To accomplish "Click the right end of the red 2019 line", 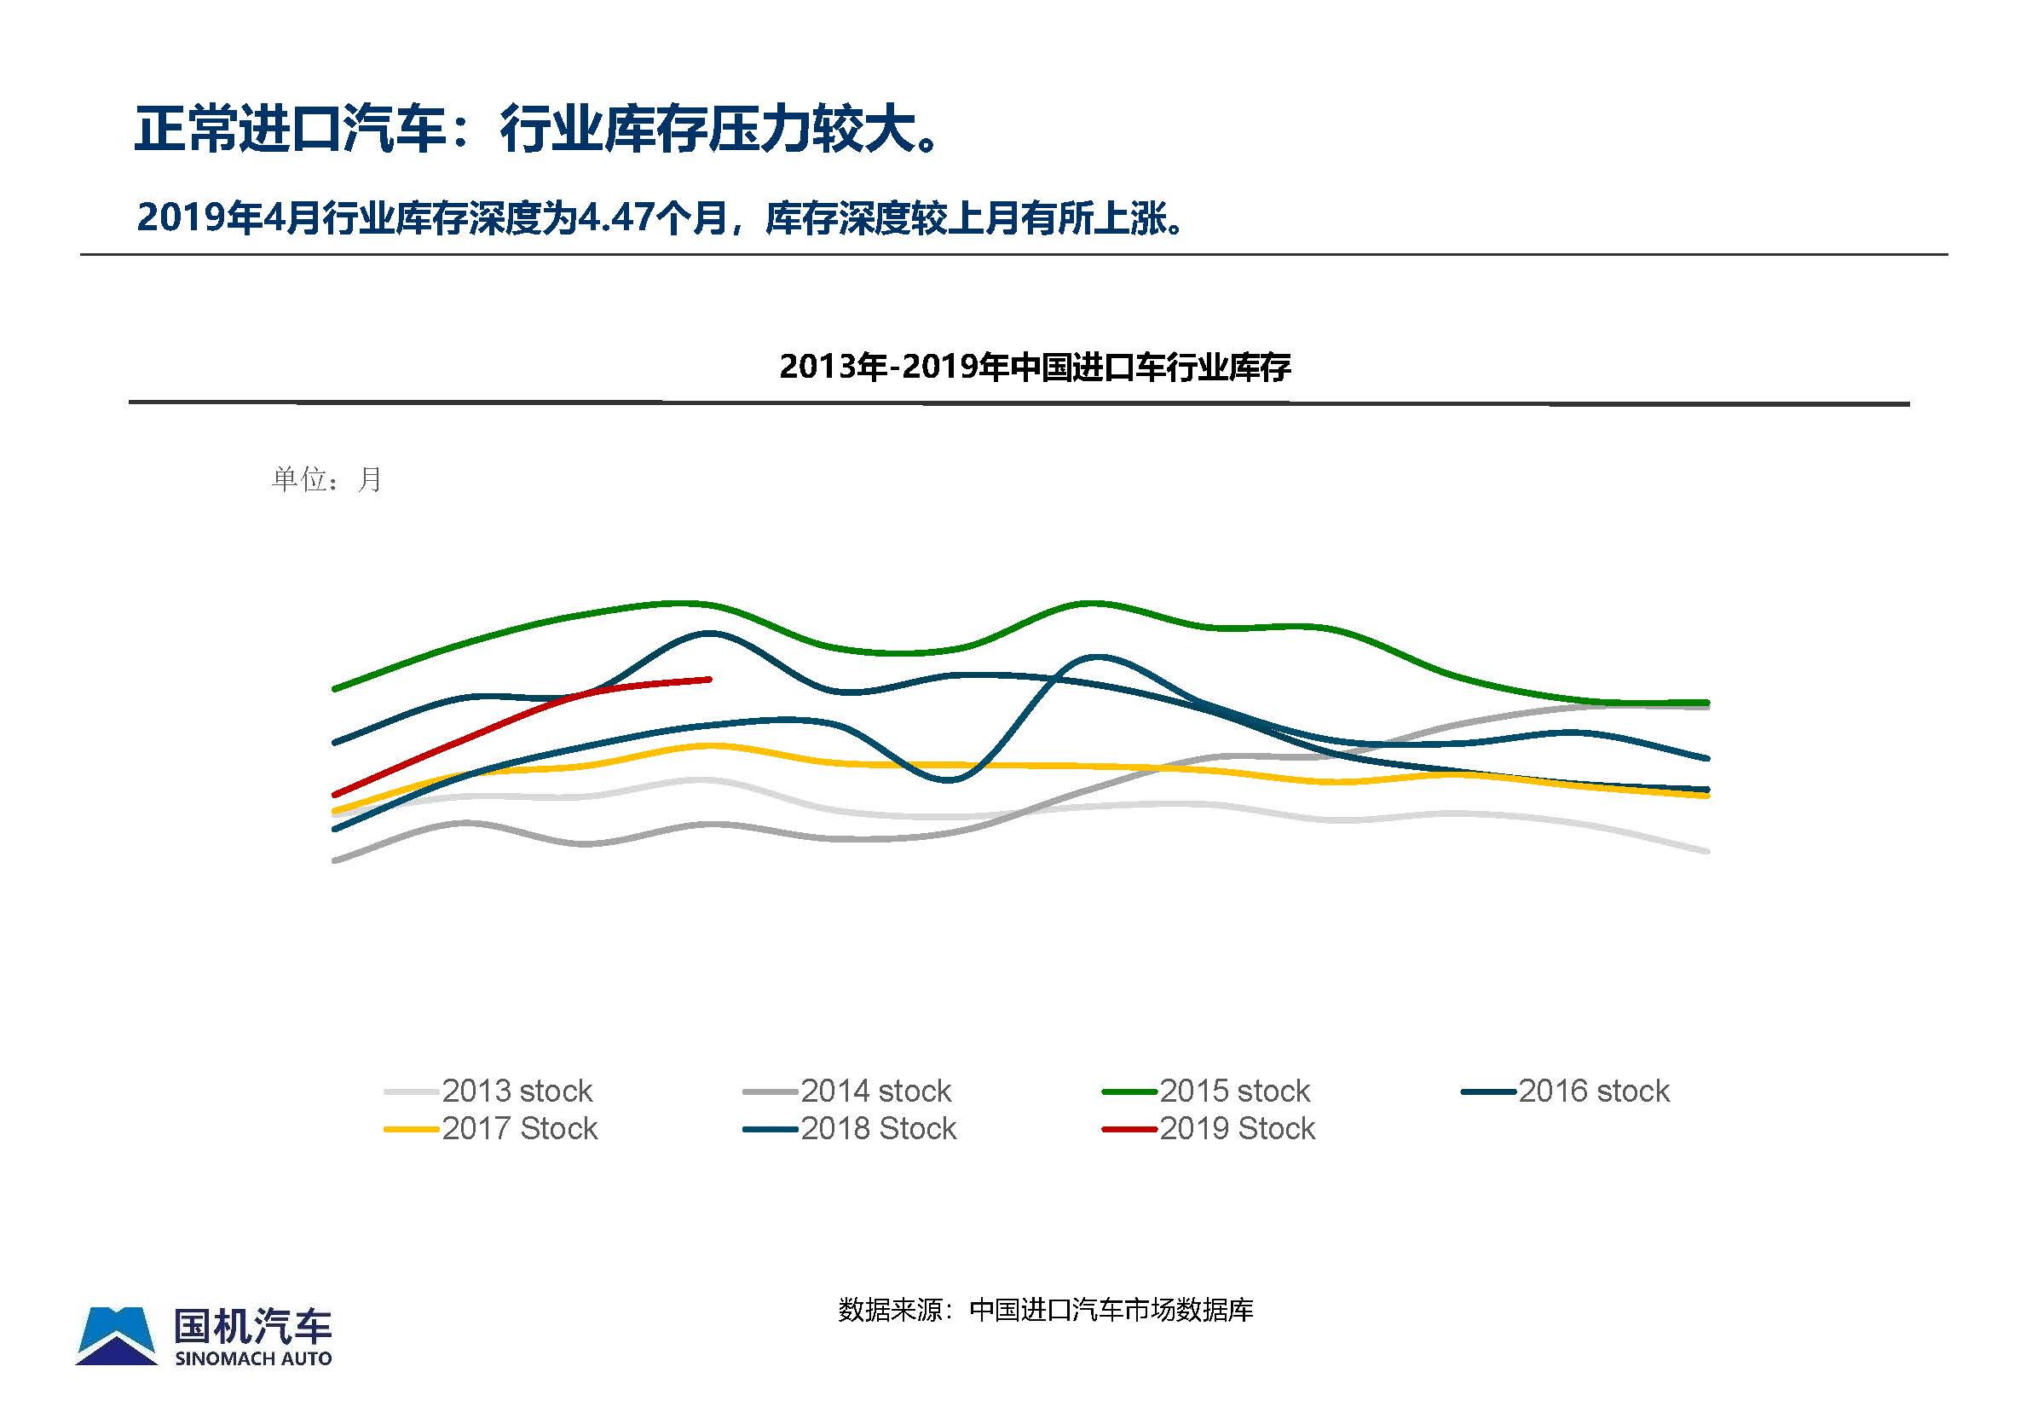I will tap(709, 679).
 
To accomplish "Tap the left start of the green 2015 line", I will tap(335, 688).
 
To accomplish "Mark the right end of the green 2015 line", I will tap(1707, 703).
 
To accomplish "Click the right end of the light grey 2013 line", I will tap(1707, 851).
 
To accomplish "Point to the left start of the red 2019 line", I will tap(335, 794).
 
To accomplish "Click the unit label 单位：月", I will tap(326, 479).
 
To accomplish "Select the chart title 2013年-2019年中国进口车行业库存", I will tap(1035, 367).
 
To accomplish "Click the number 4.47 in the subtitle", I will tap(615, 217).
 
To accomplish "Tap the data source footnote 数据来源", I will tap(1045, 1310).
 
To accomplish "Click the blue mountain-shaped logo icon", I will tap(116, 1335).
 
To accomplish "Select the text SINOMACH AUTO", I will tap(253, 1358).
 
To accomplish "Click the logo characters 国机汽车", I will tap(253, 1325).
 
